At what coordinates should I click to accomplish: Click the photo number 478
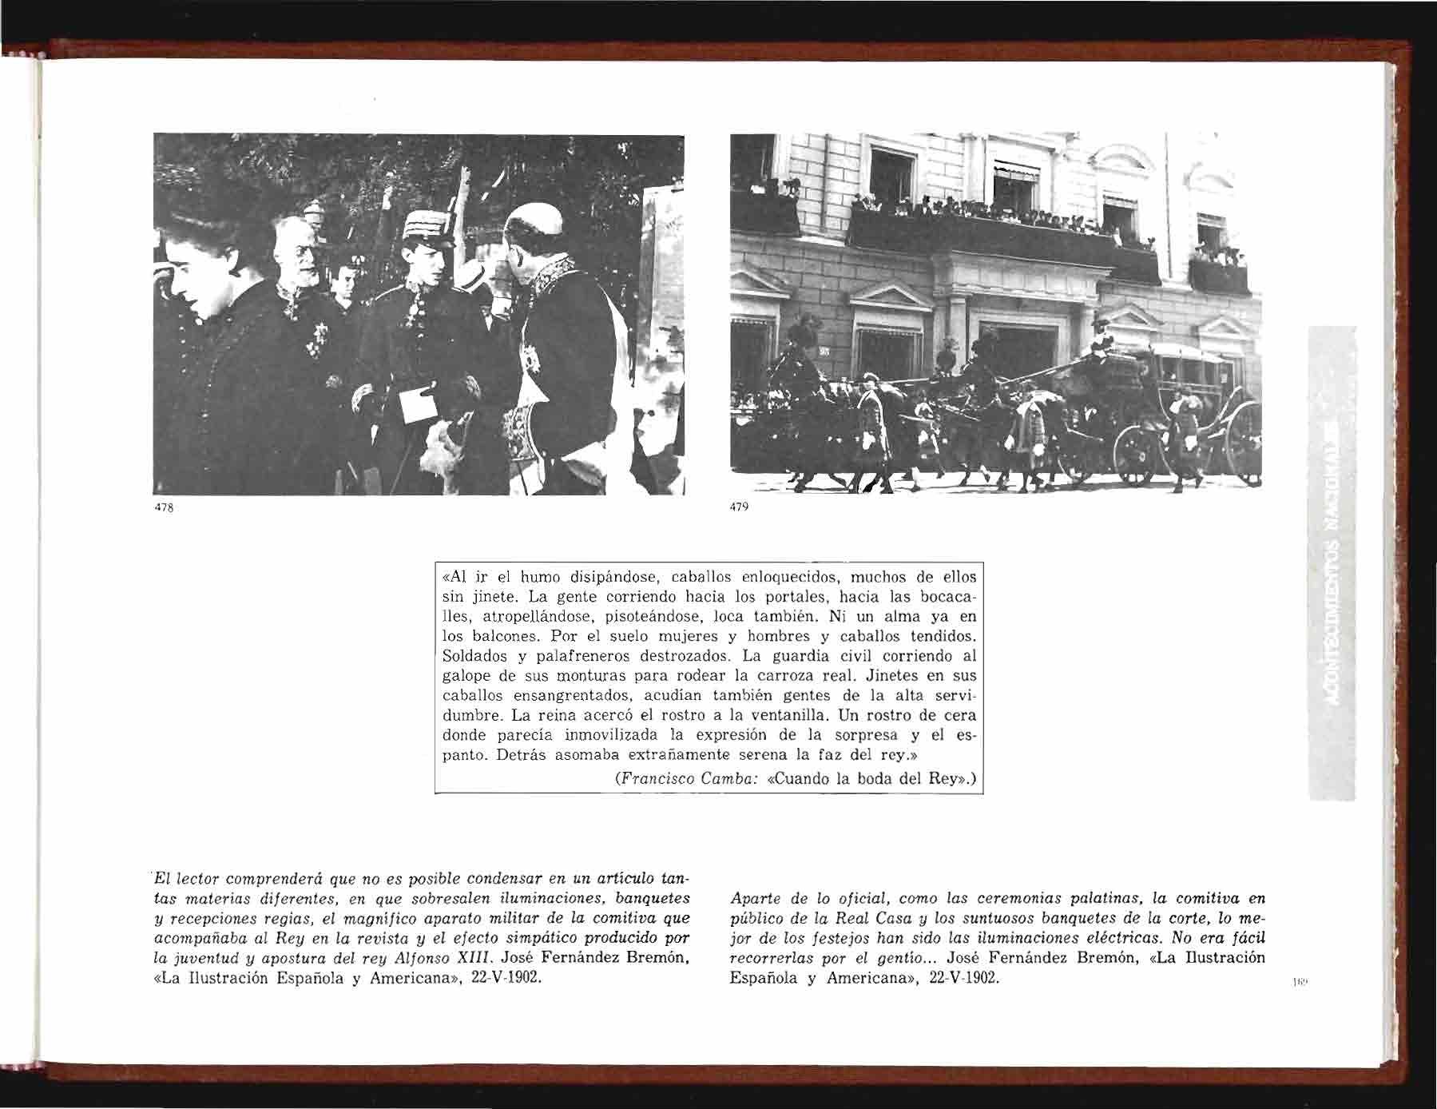(x=163, y=508)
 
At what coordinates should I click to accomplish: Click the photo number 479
(x=739, y=508)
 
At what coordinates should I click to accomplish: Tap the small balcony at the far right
(x=1218, y=272)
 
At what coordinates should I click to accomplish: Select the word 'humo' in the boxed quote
(x=540, y=577)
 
